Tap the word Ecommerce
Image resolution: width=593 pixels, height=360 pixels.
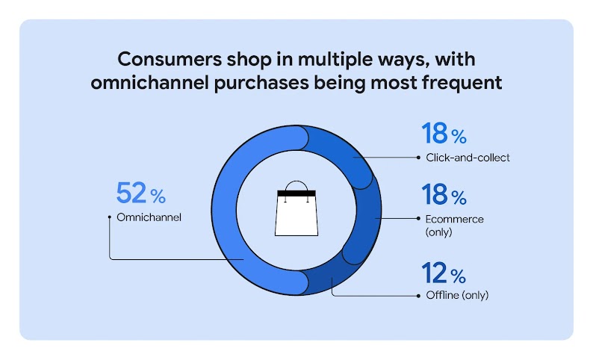tap(453, 219)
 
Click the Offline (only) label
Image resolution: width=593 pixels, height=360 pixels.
tap(456, 294)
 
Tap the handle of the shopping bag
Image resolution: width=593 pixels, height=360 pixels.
tap(296, 184)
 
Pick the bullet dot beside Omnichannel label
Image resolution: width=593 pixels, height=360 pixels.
tap(110, 217)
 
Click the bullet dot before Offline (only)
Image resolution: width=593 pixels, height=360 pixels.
tap(418, 295)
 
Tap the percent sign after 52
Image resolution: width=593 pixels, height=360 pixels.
tap(158, 196)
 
